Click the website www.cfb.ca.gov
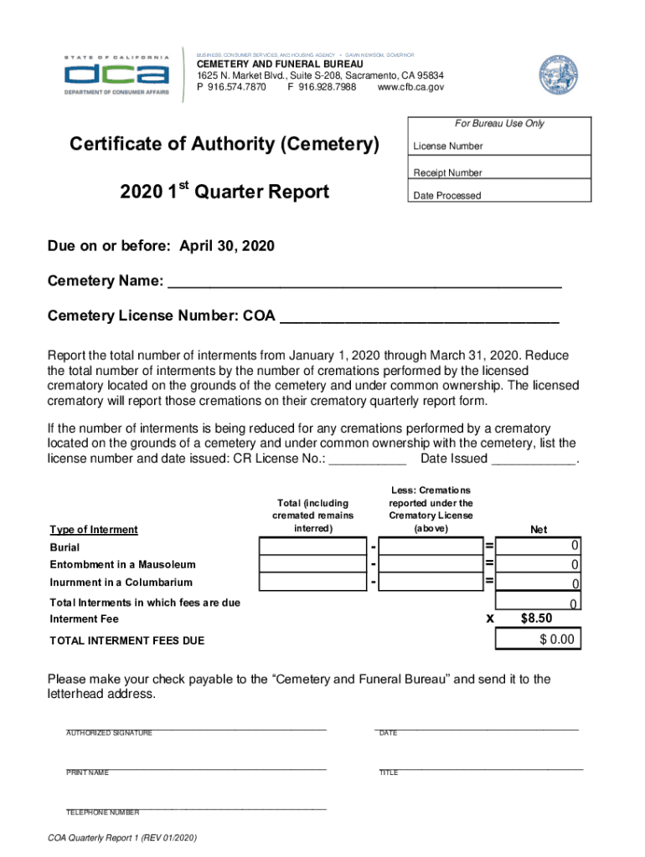(x=410, y=87)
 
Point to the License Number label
(x=447, y=146)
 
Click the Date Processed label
(x=446, y=196)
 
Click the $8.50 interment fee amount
(x=537, y=619)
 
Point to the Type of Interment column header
(x=94, y=530)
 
